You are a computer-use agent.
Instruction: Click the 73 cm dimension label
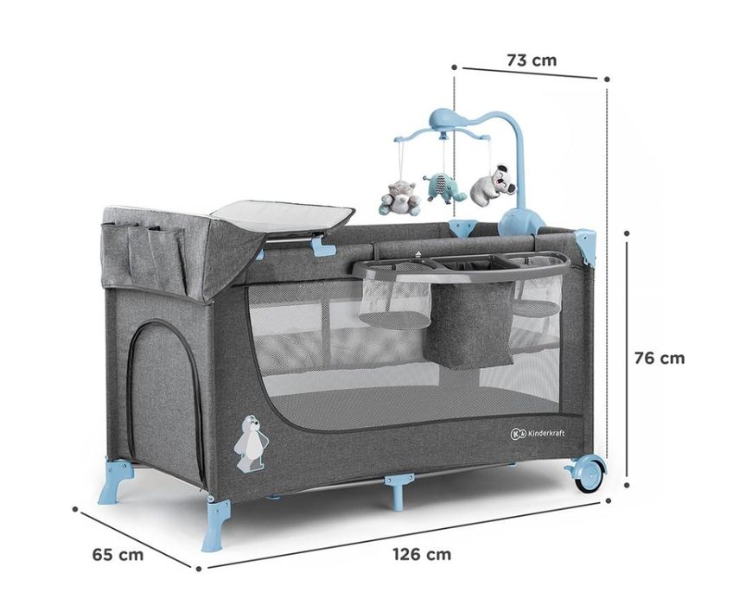tap(531, 60)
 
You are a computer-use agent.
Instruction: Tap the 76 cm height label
tap(660, 358)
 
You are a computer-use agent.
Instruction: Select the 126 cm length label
tap(422, 554)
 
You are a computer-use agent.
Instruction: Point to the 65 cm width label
tap(118, 555)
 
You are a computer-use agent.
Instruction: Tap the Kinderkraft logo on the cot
tap(538, 433)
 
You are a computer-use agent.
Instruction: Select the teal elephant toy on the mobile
tap(443, 188)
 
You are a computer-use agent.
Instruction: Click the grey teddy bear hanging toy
tap(399, 198)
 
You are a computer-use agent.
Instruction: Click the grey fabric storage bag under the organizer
tap(469, 323)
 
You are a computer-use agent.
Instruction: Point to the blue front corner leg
tap(216, 523)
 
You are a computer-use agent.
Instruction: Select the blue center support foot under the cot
tap(399, 489)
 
